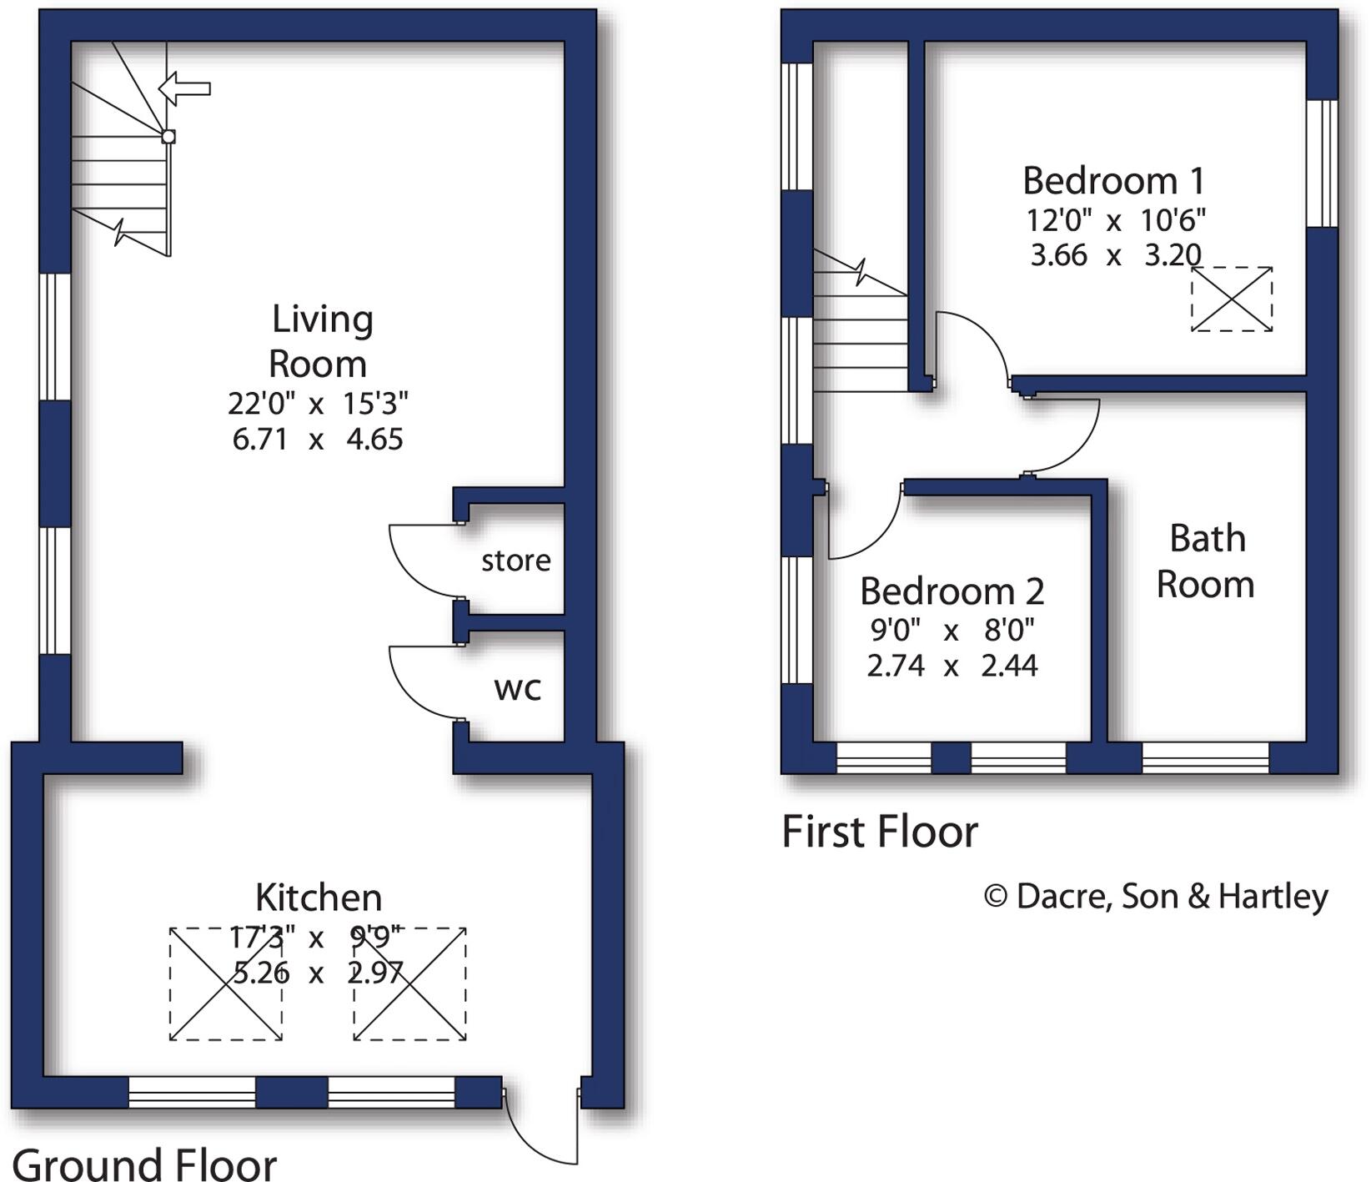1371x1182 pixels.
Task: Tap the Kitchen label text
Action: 319,898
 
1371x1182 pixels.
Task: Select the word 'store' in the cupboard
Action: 515,561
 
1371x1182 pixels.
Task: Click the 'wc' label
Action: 517,689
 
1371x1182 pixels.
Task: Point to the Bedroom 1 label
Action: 1113,181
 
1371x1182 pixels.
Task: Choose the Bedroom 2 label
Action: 952,592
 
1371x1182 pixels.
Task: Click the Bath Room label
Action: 1206,561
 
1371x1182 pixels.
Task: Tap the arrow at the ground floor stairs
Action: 184,88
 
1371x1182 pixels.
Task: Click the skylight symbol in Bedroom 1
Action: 1231,299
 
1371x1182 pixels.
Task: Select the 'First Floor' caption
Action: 879,832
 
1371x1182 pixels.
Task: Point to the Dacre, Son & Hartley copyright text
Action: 1156,897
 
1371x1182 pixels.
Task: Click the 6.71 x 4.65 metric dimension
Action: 318,440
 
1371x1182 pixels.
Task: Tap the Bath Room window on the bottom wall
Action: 1205,757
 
